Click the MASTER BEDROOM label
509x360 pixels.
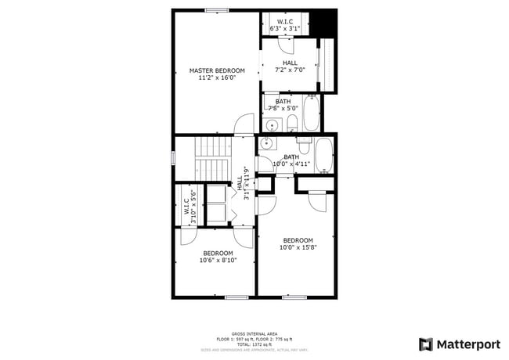pos(217,70)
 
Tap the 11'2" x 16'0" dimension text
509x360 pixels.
pos(217,77)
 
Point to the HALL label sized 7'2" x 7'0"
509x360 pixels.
pos(290,63)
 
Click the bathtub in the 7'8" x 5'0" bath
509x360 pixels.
pos(311,114)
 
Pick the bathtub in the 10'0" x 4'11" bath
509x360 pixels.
pos(324,156)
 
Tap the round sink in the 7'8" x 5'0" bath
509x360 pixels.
pos(273,124)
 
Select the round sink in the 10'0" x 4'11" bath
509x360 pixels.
pos(266,143)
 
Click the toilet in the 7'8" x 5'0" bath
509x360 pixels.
pos(291,123)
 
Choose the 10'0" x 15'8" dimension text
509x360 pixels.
pos(298,247)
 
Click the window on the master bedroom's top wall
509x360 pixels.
pos(217,10)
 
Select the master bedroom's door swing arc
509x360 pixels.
pos(244,124)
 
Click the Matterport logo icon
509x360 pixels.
pos(426,344)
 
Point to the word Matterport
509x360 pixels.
pos(468,344)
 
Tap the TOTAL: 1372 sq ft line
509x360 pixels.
pos(254,344)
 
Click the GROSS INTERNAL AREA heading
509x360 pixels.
pos(254,333)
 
